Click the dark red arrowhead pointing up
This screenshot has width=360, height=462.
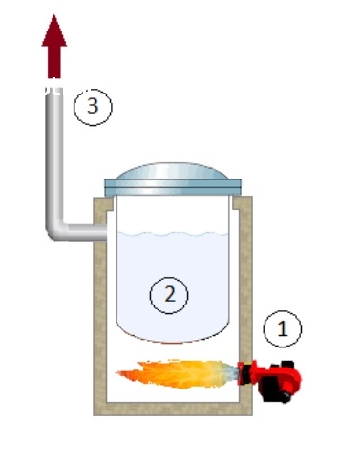click(54, 31)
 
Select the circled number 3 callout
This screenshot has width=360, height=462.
click(93, 107)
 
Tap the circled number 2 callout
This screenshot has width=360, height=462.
click(169, 295)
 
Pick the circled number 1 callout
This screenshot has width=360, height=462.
click(283, 328)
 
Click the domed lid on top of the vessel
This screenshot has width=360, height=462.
click(172, 172)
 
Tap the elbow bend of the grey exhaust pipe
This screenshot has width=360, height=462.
click(54, 230)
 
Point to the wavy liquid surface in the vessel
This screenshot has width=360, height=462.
click(173, 235)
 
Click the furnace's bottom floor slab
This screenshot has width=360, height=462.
click(173, 409)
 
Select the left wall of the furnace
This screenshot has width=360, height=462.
click(99, 305)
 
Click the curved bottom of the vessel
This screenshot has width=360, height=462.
click(173, 334)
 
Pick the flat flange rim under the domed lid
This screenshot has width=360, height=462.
click(173, 187)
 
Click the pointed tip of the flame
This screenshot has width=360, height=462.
click(116, 373)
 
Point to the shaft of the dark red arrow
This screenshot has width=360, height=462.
click(54, 62)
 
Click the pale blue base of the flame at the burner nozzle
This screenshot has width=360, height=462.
click(230, 372)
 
